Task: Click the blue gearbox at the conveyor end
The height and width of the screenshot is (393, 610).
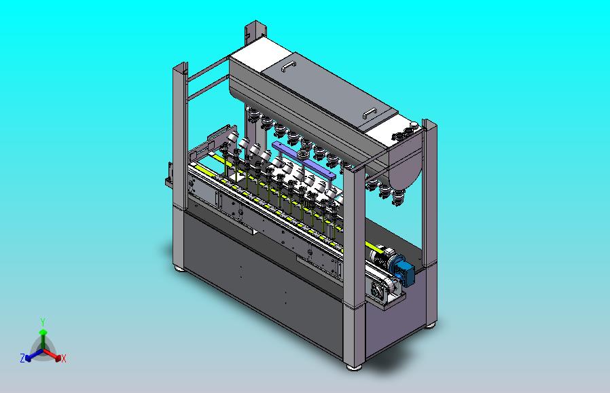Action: pos(403,271)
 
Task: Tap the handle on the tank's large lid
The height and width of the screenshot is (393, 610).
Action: pos(288,67)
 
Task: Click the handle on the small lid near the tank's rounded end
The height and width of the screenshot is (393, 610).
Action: pos(370,113)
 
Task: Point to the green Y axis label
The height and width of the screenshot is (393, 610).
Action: pos(43,322)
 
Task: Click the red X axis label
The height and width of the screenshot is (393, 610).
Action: pos(64,359)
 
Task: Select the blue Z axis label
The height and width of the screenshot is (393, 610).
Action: pos(22,358)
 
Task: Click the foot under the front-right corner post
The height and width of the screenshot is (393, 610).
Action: pos(354,367)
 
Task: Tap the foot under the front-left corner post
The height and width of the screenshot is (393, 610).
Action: pos(179,268)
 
